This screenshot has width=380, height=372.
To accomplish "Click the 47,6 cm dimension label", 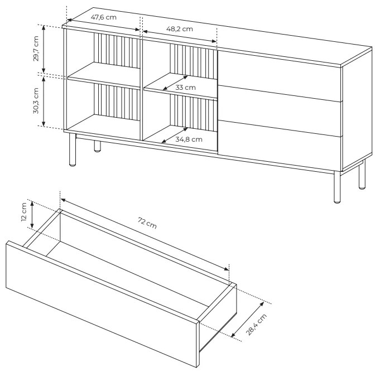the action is click(x=103, y=17).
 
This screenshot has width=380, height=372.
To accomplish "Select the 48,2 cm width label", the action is click(x=180, y=29).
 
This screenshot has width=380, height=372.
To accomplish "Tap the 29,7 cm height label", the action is click(x=36, y=49).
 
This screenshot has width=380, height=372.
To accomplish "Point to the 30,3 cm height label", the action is click(x=36, y=100).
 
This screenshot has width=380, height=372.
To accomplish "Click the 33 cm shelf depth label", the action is click(x=185, y=88).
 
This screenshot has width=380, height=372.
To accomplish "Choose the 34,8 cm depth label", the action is click(x=189, y=139).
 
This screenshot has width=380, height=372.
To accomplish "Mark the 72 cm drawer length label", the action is click(x=147, y=223).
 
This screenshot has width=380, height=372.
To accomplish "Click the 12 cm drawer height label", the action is click(x=24, y=212).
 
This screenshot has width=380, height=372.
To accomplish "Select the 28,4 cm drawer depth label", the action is click(x=256, y=325).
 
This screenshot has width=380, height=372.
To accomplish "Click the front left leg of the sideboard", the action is click(x=72, y=149).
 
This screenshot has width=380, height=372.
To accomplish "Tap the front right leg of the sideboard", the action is click(x=337, y=187).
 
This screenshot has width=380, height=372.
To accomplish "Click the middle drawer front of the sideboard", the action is click(x=280, y=110).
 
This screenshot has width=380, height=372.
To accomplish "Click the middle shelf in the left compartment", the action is click(x=104, y=75).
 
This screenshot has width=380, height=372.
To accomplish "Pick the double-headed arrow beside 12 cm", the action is click(x=32, y=215).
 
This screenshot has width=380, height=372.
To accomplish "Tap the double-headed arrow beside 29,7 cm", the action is click(x=44, y=49).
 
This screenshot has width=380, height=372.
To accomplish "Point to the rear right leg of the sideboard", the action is click(x=362, y=175).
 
